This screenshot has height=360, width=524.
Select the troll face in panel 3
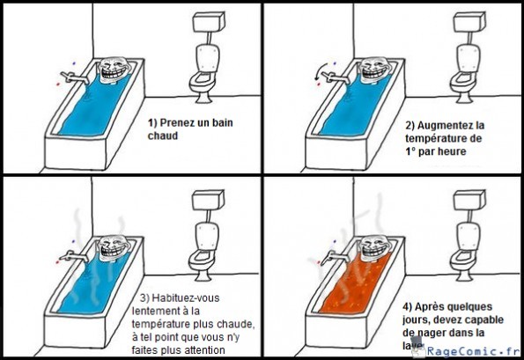click(112, 249)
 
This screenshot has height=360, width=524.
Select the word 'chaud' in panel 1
click(163, 137)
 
